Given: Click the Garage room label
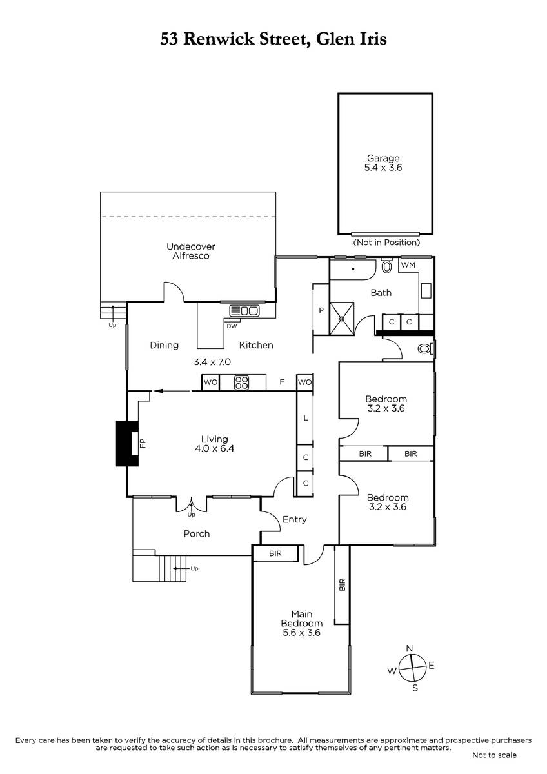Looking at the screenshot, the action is (383, 163).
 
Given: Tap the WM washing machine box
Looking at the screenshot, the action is (408, 265).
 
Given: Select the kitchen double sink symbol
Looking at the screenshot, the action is (244, 311).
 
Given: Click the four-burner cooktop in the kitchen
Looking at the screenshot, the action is (241, 382).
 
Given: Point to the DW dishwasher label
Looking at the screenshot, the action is (232, 326).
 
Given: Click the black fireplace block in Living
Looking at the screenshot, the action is (127, 443).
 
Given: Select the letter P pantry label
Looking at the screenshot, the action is (321, 310).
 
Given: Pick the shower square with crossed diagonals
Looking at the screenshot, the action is (342, 319).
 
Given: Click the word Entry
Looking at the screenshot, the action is (294, 519).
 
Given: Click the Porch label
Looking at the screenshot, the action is (197, 534).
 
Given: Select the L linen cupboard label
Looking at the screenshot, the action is (306, 418).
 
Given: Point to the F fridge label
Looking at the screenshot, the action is (282, 382).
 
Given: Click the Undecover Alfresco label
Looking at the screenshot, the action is (191, 251).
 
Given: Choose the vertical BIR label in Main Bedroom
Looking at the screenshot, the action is (342, 584).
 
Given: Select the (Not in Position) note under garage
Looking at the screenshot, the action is (386, 243).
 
